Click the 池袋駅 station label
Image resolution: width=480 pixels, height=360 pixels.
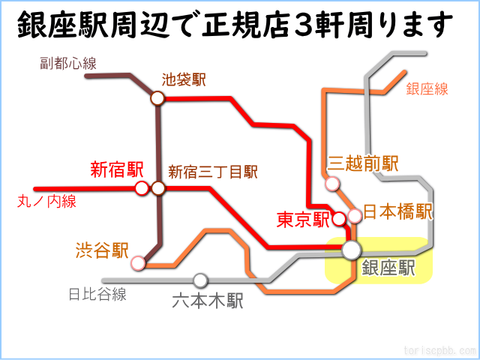tap(184, 80)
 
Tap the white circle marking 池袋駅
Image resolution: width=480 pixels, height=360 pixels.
tap(157, 98)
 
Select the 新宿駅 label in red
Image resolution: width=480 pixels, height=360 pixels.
tap(117, 169)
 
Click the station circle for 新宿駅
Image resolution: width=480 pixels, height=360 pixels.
tap(142, 188)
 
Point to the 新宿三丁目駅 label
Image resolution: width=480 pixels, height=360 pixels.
tap(213, 172)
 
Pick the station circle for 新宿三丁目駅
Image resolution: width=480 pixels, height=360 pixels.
tap(158, 188)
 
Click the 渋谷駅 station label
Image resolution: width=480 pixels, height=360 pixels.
tap(102, 250)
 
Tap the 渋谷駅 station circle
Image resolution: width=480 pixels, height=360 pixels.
tap(138, 263)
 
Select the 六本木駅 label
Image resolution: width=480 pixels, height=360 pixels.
tap(208, 301)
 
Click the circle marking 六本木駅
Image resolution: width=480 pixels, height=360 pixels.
tap(200, 280)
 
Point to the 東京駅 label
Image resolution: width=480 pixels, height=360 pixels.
tap(303, 220)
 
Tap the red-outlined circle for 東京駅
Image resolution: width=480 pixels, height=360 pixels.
tap(339, 219)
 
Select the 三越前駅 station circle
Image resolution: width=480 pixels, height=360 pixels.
tap(332, 184)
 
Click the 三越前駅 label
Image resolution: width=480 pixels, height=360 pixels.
tap(363, 163)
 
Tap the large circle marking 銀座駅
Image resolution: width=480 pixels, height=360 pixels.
tap(352, 250)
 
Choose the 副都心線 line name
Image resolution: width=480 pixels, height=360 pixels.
tap(68, 63)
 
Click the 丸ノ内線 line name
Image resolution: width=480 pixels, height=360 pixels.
tap(46, 202)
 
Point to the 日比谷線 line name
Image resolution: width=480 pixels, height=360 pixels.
tap(97, 294)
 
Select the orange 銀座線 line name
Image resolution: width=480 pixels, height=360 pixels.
tap(427, 89)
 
